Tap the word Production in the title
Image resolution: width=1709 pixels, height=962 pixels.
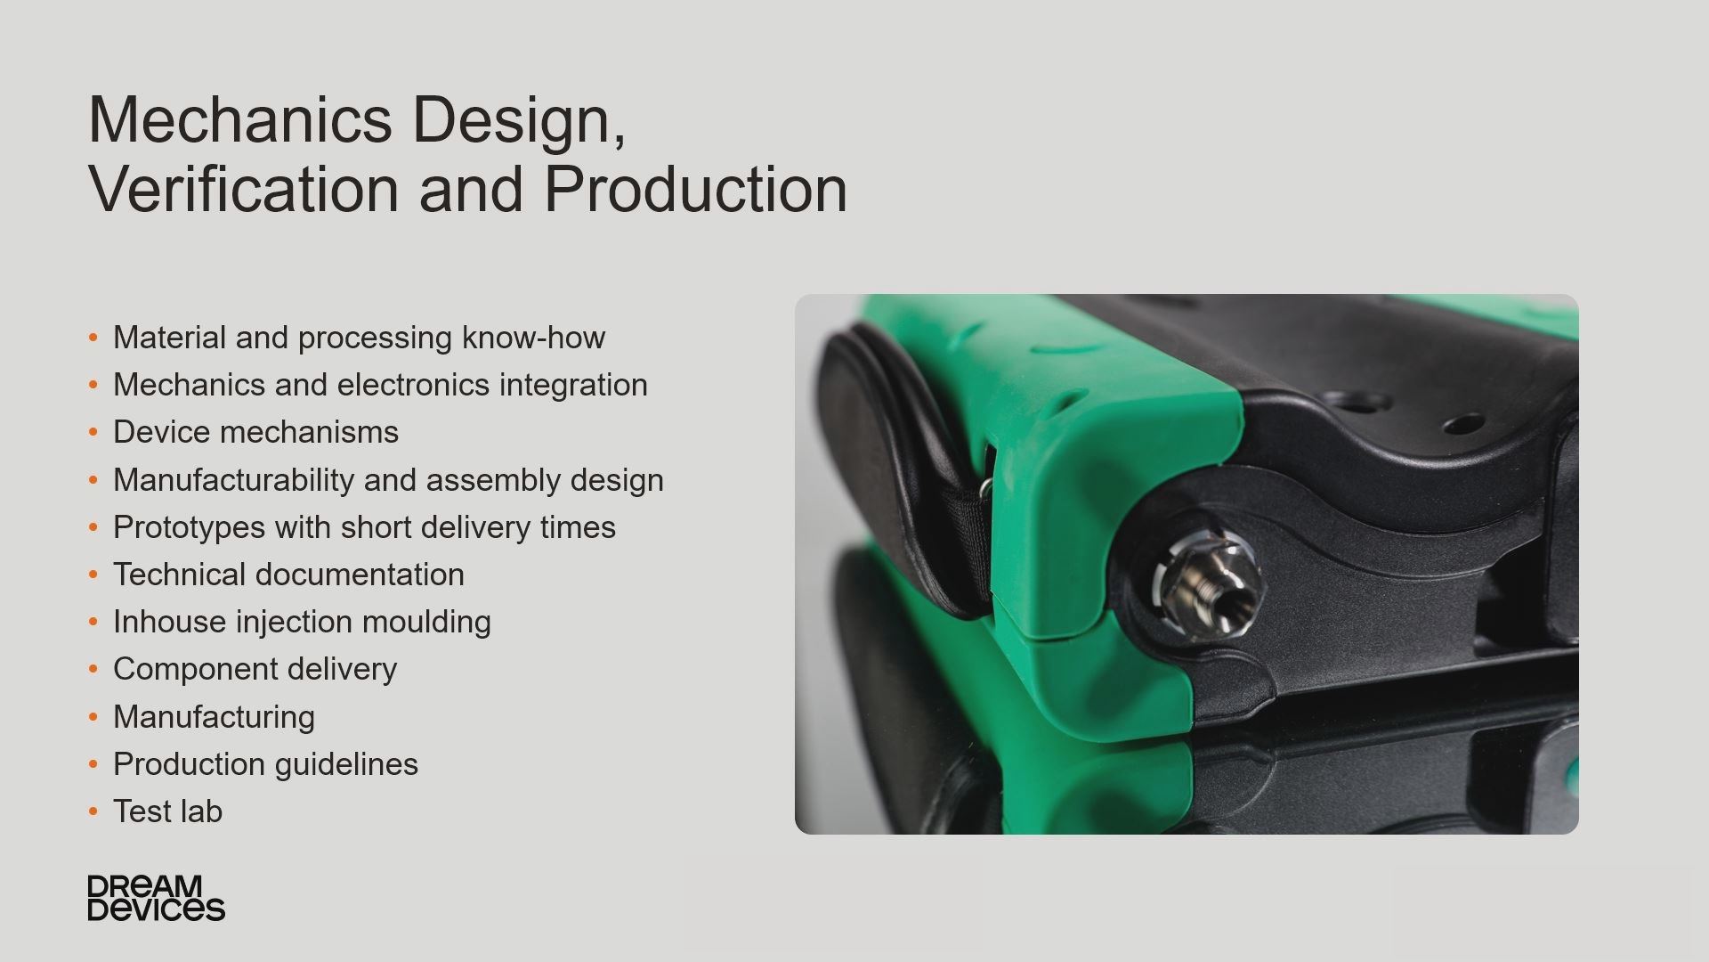tap(695, 189)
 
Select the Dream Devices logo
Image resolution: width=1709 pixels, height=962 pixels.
tap(156, 898)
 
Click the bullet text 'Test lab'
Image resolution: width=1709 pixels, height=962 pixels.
tap(167, 811)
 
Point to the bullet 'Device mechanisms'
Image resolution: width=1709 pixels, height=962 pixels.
tap(255, 432)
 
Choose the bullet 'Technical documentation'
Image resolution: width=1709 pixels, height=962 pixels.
tap(288, 575)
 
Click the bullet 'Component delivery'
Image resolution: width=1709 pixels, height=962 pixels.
tap(255, 669)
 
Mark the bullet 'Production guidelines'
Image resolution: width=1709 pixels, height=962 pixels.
tap(265, 764)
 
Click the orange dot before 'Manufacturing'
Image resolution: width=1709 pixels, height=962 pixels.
tap(93, 717)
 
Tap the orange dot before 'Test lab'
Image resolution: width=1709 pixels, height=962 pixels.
tap(93, 811)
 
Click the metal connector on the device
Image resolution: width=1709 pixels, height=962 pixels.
tap(1208, 583)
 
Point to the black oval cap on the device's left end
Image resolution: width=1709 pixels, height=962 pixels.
tap(877, 463)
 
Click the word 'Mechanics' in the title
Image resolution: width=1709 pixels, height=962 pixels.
tap(240, 119)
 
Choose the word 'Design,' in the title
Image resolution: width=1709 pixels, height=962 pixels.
tap(520, 119)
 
